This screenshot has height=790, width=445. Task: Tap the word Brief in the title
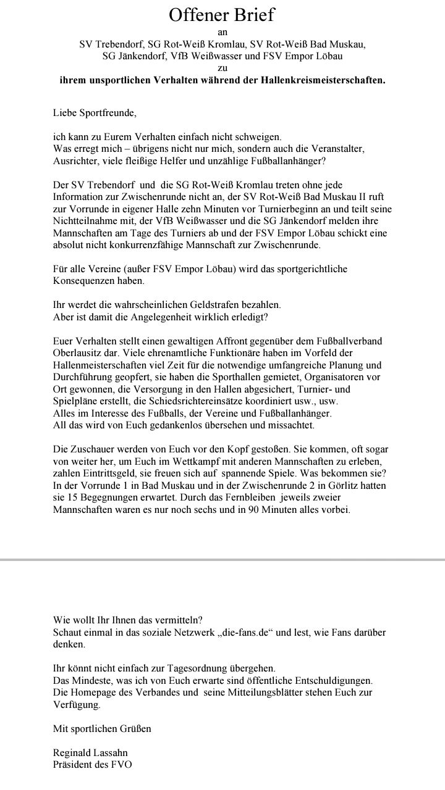tap(252, 15)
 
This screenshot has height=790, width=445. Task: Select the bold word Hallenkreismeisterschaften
tap(316, 81)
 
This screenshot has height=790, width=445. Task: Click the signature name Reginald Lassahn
tap(90, 753)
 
